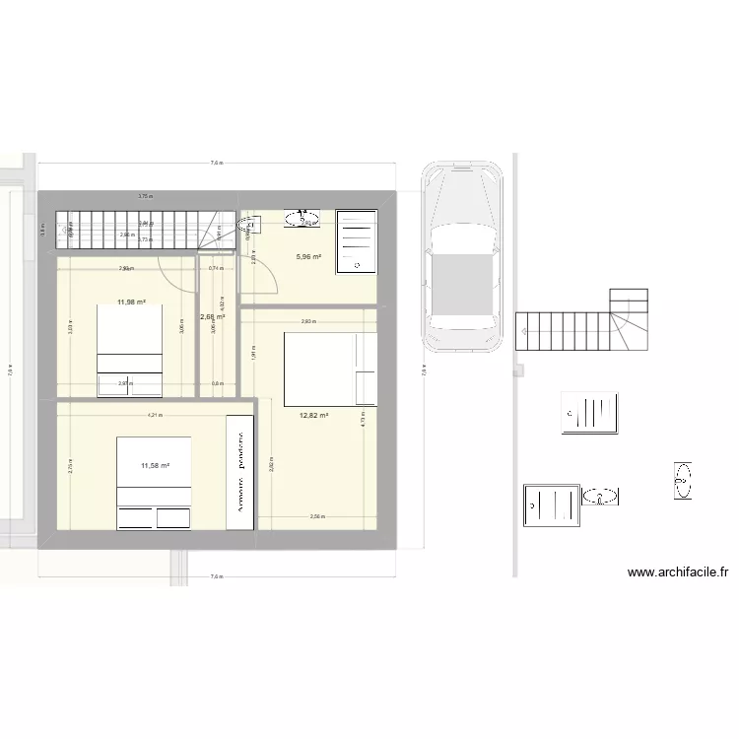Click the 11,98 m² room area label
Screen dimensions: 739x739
tap(131, 302)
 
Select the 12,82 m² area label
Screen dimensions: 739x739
tap(313, 416)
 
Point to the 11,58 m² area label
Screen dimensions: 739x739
tap(155, 466)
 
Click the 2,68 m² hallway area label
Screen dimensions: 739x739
tap(212, 317)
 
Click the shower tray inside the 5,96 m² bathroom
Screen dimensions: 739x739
tap(357, 240)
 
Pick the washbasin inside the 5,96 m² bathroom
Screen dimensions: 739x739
tap(303, 218)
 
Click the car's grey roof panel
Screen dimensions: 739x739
tap(460, 286)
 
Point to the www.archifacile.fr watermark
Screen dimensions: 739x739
tap(677, 571)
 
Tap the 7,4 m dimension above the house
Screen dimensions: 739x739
tap(216, 164)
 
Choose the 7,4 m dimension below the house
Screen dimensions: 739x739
tap(216, 577)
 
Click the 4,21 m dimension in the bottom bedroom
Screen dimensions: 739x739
tap(155, 415)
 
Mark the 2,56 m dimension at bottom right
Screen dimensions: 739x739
tap(316, 517)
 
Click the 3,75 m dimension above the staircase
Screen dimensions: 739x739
tap(145, 196)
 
